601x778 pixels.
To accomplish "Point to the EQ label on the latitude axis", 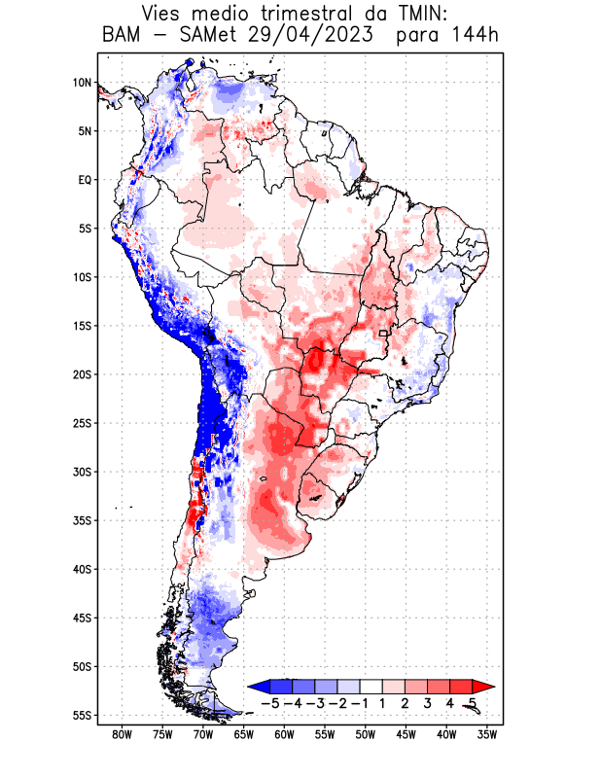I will tap(85, 180).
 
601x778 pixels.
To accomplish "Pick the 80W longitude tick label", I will tap(122, 734).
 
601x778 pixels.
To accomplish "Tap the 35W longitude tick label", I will tap(487, 734).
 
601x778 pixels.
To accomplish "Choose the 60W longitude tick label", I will tap(284, 734).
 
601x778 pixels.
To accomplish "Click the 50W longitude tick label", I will tap(366, 734).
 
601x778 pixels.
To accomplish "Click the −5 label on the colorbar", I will tap(270, 703).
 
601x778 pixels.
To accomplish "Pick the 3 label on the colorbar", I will tap(427, 703).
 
